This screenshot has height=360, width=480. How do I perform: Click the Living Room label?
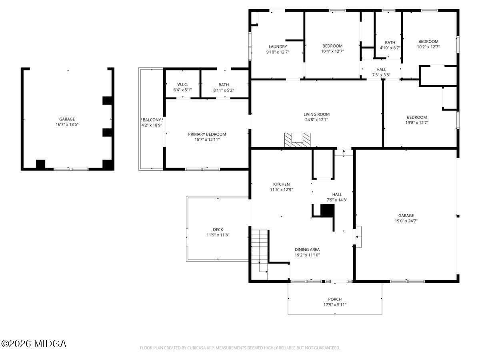pos(316,114)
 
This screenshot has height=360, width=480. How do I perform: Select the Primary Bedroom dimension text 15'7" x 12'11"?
pos(207,140)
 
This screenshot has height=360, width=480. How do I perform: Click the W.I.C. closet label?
pos(182,84)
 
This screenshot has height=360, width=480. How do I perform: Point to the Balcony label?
pos(151,120)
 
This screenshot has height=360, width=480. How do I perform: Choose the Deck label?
pos(218,230)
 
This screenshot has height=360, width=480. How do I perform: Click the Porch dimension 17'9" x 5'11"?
pos(335,305)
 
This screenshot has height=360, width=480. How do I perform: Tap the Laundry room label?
pos(278,46)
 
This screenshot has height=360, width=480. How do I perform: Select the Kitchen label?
pos(282,184)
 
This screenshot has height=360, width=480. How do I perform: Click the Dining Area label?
pos(307,250)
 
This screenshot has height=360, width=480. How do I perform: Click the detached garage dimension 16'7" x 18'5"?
pos(67,124)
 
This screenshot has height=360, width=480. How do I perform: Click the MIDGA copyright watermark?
pos(34,344)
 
